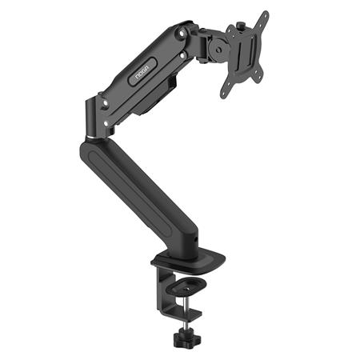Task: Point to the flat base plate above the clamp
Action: pos(188,262)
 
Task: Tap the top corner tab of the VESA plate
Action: pos(264,16)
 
